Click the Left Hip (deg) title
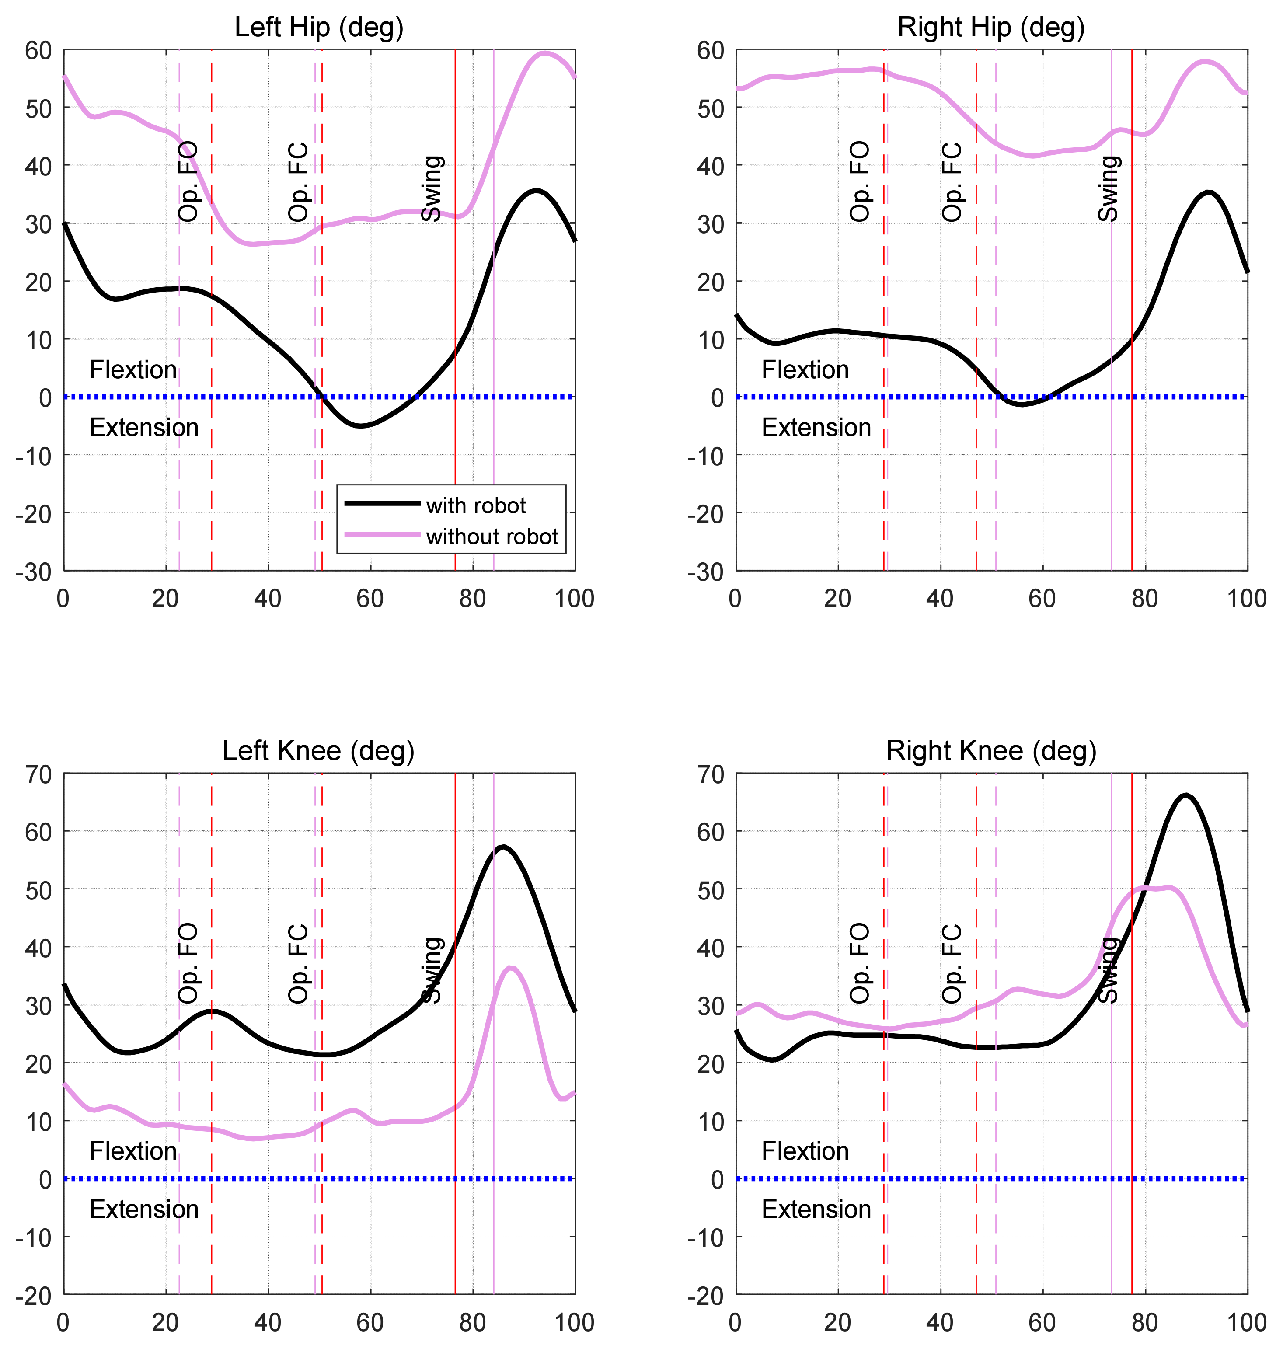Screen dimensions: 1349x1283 coord(319,28)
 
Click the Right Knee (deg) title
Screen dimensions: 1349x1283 coord(991,751)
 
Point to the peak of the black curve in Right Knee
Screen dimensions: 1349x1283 coord(1186,795)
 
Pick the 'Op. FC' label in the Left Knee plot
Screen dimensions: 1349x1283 coord(299,964)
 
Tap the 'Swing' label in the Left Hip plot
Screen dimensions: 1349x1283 coord(432,188)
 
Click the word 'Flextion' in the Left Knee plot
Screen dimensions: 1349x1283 coord(133,1151)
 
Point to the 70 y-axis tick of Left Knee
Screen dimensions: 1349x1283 coord(38,775)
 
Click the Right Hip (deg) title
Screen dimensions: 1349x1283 coord(991,28)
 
